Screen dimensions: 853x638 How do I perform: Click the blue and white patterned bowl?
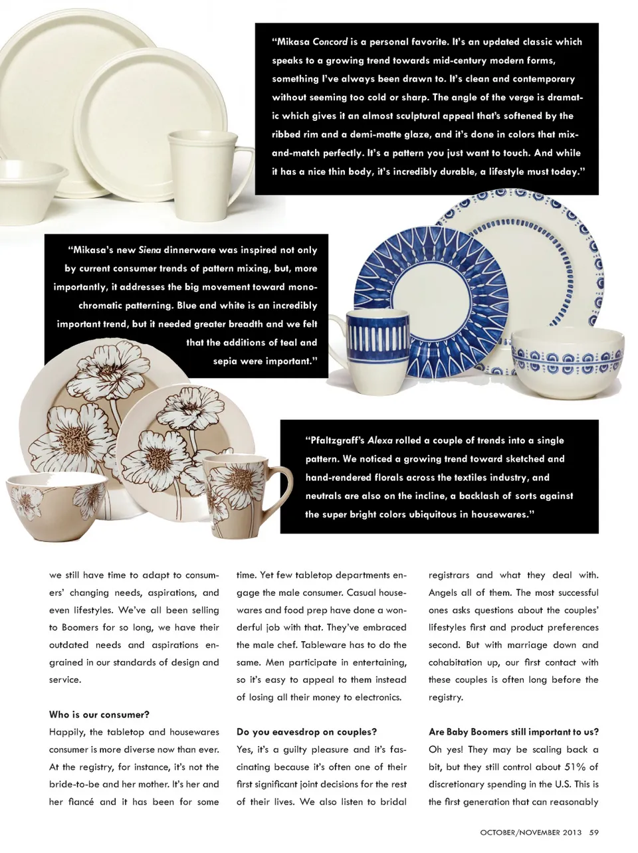566,362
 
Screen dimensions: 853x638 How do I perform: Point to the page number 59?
594,832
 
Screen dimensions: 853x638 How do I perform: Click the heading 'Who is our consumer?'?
99,715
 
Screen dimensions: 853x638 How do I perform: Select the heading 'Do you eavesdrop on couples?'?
306,732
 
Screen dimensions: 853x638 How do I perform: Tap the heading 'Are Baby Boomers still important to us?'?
513,732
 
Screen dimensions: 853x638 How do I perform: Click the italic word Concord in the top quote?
330,42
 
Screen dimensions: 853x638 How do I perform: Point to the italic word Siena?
150,250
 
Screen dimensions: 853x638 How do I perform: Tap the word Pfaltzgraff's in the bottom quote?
335,440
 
